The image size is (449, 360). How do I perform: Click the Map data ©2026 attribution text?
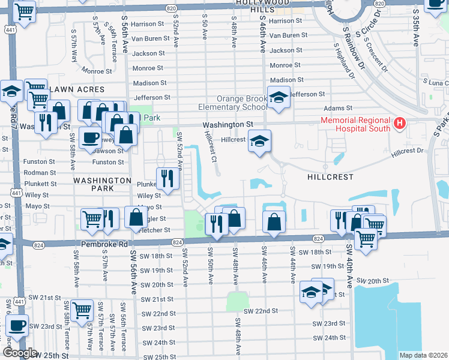coord(423,355)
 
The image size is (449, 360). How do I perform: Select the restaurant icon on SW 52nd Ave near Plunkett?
coord(166,178)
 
